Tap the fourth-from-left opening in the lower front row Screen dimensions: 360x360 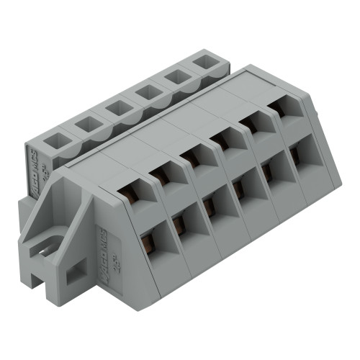click(240, 189)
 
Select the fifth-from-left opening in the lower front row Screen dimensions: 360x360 click(269, 171)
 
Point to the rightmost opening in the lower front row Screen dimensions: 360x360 click(295, 155)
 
